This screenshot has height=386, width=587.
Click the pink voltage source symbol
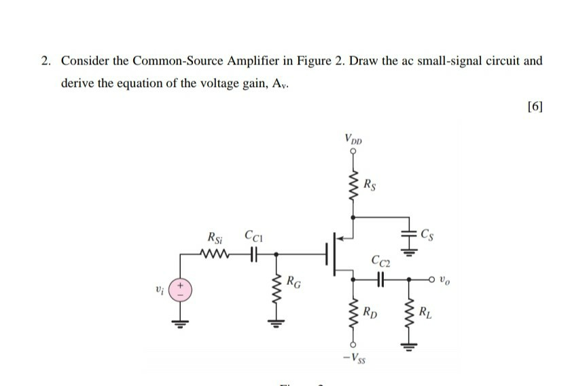point(181,290)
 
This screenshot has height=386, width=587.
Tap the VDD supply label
point(353,140)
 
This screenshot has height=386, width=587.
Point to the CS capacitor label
point(427,235)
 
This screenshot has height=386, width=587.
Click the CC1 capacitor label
point(252,238)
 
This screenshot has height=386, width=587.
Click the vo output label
point(444,277)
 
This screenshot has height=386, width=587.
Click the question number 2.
point(45,60)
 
